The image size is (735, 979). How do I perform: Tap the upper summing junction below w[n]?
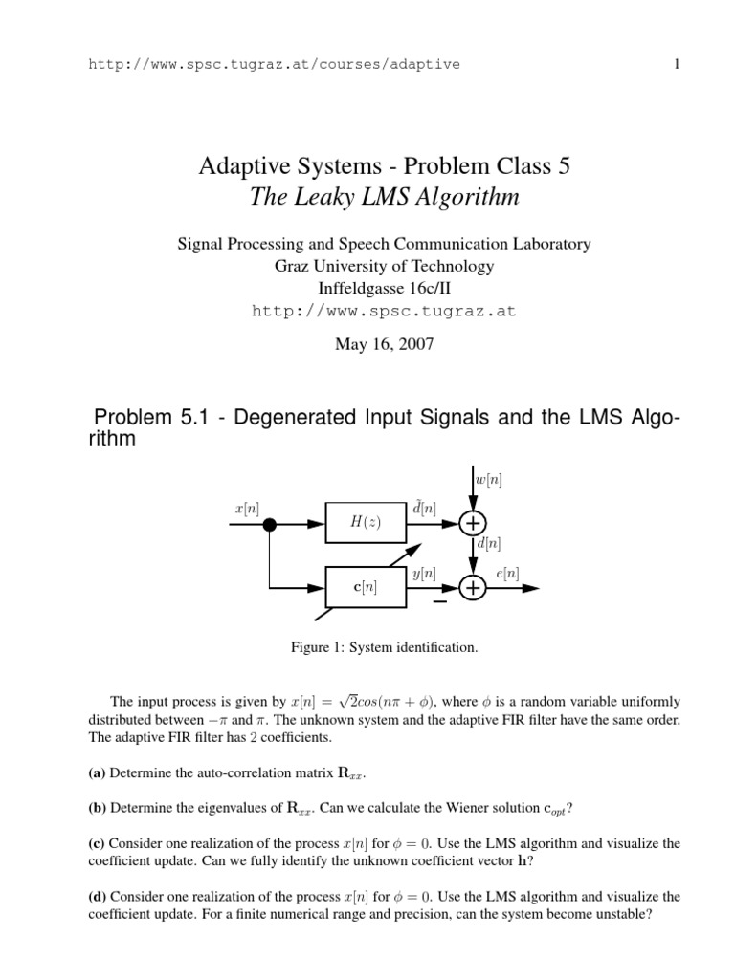472,524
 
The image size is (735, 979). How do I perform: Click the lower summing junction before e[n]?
472,589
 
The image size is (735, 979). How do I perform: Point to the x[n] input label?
246,511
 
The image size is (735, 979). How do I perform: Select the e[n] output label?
507,574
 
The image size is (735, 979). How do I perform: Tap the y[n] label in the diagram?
424,574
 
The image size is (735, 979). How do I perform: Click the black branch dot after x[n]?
271,524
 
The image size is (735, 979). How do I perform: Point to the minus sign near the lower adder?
439,602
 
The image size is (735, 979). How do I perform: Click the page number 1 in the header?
676,64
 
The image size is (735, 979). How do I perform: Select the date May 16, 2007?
384,344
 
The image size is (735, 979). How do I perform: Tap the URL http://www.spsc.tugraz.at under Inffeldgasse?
384,311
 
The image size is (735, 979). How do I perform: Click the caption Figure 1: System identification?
384,648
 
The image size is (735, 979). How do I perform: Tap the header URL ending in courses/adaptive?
274,64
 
